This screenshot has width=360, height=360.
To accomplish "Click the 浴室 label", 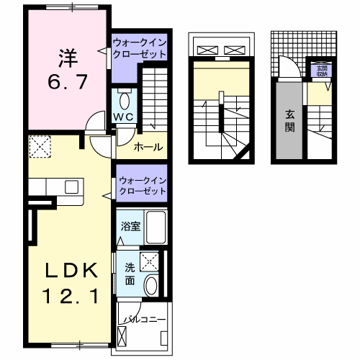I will point(130,225).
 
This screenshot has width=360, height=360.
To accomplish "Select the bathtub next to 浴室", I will point(155,228).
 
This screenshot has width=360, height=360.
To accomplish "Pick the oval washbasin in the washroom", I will point(152,286).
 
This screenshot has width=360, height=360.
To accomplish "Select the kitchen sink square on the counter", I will point(71,186).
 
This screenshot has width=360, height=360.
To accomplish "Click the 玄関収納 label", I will point(320,71).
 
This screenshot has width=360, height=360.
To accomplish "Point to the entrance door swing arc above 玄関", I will point(288,68).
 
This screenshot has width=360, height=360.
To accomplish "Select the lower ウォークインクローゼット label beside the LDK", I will point(142,184).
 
